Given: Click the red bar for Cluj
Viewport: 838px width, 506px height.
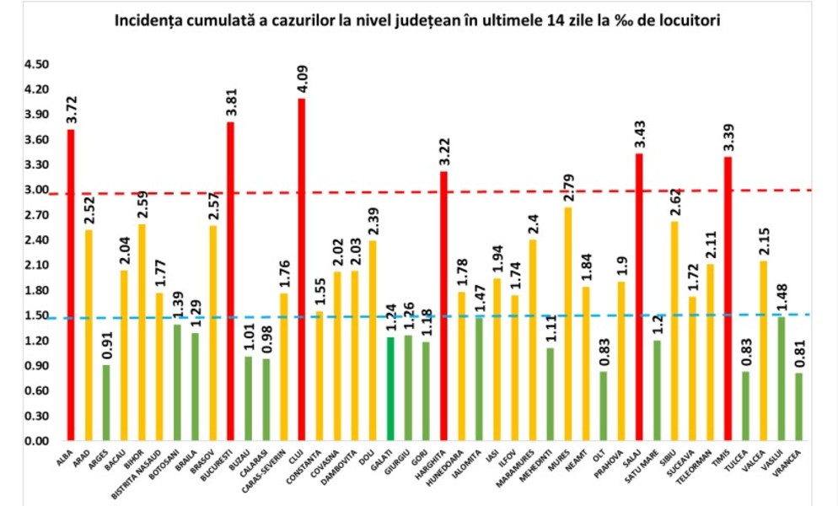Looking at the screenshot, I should coord(301,270).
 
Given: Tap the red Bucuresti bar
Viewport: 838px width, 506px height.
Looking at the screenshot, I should coord(230,282).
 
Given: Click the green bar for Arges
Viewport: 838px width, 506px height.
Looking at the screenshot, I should coord(106,403).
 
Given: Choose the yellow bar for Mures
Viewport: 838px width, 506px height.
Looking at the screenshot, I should coord(567,324).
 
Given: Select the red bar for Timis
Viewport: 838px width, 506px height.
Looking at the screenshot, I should coord(728,299).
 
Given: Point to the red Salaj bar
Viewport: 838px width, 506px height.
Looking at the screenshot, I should coord(639,297).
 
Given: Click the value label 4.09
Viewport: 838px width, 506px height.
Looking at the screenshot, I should coord(301,78).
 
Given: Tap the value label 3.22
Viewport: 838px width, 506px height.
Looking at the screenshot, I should coord(443,151).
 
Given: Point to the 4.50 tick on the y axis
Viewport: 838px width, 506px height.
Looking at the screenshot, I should coord(37,65).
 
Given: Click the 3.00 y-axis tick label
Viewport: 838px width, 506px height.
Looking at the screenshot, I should coord(37,191).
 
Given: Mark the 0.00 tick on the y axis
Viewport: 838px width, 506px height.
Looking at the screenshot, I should coord(37,441).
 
